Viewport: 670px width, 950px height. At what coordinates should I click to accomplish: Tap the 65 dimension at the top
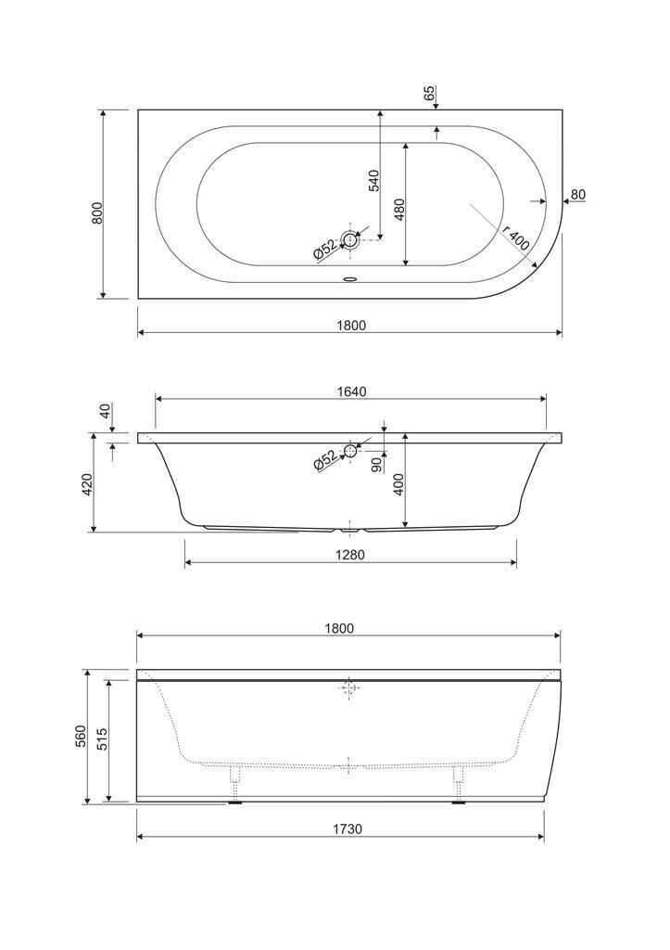[428, 94]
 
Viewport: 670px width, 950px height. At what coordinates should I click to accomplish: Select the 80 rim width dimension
[578, 195]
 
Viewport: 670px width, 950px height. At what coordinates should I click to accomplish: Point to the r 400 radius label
[515, 238]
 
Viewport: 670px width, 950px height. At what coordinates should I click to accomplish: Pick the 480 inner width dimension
[398, 209]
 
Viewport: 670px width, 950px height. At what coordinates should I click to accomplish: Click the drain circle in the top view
[350, 240]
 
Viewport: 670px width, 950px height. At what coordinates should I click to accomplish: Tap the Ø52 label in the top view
[325, 249]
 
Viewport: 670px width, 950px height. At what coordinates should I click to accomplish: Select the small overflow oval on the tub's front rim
[350, 280]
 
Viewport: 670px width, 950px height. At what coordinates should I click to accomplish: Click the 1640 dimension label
[351, 392]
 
